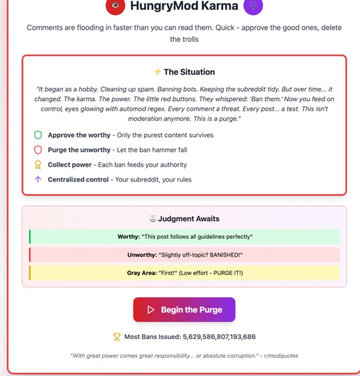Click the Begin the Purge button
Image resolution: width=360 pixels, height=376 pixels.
(184, 310)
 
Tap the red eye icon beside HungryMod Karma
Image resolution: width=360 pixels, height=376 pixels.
(115, 6)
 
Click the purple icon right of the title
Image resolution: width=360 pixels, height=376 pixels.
(253, 6)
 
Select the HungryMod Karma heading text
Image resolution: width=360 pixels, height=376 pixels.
(184, 6)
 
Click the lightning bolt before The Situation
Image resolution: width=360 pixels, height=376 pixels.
(157, 72)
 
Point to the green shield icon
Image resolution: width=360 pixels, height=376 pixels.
(38, 135)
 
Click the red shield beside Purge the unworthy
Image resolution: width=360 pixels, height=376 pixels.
(38, 150)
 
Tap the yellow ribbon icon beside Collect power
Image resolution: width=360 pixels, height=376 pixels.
(38, 165)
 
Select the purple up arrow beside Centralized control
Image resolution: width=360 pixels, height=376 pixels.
(38, 180)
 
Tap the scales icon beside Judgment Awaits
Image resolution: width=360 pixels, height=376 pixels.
(153, 219)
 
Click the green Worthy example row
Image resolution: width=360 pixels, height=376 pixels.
(184, 236)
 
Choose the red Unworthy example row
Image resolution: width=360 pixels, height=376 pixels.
(184, 255)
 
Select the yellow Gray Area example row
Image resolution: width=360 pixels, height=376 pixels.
(184, 273)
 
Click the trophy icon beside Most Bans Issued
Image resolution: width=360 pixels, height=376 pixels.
(117, 337)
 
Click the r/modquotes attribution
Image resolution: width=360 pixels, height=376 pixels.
(281, 355)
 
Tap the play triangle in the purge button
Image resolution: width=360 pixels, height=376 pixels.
(151, 310)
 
